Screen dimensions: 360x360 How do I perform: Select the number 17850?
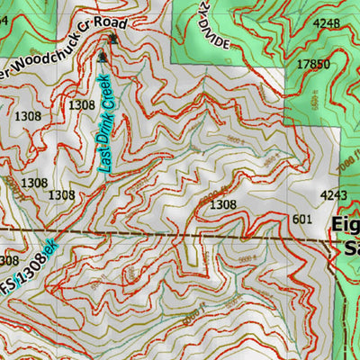[x=313, y=64]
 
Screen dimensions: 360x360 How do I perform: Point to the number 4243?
[x=333, y=193]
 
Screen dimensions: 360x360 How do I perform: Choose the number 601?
[x=301, y=218]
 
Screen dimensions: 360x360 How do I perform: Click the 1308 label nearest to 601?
[x=222, y=205]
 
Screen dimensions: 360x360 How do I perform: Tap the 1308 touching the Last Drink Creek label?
[x=82, y=105]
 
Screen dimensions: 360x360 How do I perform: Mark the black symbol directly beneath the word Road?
[x=113, y=40]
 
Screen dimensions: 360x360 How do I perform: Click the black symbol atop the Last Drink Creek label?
[x=103, y=58]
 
